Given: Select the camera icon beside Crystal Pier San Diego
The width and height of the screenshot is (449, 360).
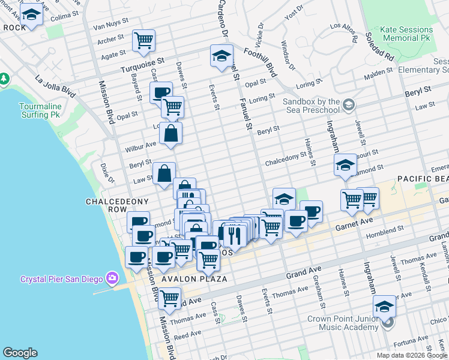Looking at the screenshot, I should click(112, 278).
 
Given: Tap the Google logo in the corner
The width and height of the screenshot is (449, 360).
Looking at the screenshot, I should click(20, 353).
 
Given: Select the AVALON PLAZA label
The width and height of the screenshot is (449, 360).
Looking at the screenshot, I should click(193, 279).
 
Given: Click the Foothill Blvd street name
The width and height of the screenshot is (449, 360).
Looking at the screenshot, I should click(262, 61).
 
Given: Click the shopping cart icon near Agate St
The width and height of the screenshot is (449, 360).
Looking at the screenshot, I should click(143, 40).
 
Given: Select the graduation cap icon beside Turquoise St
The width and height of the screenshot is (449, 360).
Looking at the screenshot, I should click(221, 56).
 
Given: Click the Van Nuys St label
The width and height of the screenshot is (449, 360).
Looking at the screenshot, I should click(111, 27).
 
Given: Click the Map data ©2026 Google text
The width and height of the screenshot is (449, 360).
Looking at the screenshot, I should click(412, 355).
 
